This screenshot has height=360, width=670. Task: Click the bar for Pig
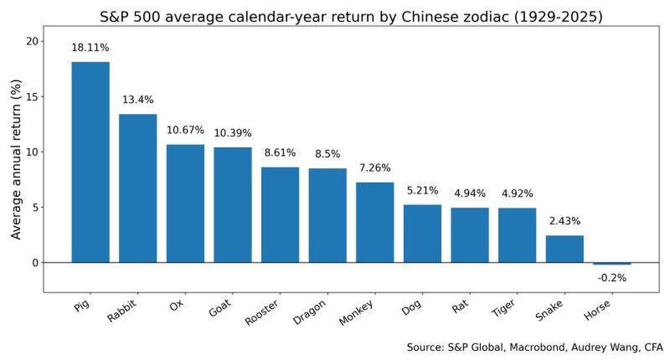[x=90, y=162]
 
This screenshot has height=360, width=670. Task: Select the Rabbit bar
[x=138, y=188]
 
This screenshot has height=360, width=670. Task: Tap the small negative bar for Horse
[x=612, y=264]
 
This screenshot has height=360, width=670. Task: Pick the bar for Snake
[x=564, y=249]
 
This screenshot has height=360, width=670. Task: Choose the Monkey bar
[x=375, y=222]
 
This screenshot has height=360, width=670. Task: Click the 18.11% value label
[x=90, y=48]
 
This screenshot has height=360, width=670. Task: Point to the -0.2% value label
[x=612, y=278]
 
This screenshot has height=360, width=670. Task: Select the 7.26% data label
[x=375, y=168]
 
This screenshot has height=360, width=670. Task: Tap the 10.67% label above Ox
[x=185, y=130]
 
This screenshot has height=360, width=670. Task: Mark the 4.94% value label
[x=470, y=193]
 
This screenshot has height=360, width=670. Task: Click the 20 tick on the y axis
[x=32, y=41]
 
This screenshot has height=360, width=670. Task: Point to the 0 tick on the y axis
[x=36, y=263]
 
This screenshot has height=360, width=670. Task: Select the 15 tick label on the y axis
[x=32, y=97]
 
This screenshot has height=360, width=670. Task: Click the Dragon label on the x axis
[x=310, y=312]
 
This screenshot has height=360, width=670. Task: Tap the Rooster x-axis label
[x=262, y=312]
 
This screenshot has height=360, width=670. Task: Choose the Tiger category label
[x=503, y=308]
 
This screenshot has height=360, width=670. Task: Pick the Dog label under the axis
[x=411, y=307]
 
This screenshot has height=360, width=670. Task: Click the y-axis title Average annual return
[x=16, y=159]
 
